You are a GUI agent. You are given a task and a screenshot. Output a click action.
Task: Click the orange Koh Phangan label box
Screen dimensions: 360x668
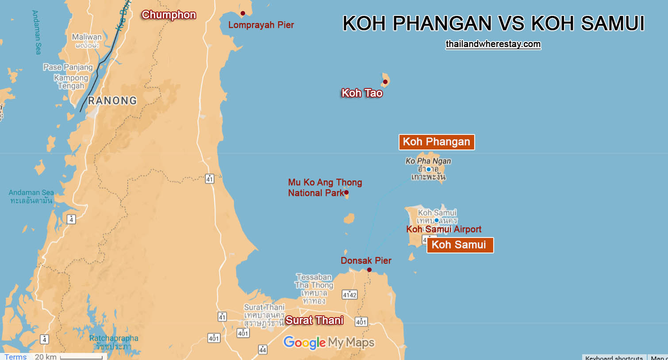click(436, 142)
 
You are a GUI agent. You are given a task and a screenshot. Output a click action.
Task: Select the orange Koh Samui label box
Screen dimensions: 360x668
click(460, 245)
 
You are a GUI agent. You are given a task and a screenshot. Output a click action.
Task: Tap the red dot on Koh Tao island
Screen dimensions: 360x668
click(385, 82)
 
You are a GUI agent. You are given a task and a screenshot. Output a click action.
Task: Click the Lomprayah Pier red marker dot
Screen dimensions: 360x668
click(242, 14)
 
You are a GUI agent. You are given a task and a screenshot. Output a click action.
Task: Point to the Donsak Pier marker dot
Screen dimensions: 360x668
click(369, 270)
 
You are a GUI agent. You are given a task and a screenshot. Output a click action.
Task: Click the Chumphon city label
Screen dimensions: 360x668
click(169, 15)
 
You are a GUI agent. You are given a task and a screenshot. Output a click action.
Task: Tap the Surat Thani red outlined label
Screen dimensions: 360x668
click(314, 320)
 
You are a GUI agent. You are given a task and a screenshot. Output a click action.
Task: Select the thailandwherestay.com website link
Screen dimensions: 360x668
click(493, 44)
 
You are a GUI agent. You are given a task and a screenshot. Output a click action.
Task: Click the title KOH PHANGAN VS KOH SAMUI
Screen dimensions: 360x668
click(493, 23)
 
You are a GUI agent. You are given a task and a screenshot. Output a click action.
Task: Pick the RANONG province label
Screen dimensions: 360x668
click(112, 101)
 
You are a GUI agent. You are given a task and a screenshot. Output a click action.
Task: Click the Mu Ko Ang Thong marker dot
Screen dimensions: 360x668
click(346, 192)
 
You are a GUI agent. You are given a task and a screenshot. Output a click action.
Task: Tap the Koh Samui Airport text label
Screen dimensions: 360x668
click(444, 229)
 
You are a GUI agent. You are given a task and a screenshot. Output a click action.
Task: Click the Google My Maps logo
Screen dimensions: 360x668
click(329, 342)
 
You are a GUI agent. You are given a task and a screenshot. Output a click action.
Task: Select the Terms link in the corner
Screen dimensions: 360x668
click(15, 356)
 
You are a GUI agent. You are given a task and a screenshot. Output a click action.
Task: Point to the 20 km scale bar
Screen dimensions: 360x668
click(81, 357)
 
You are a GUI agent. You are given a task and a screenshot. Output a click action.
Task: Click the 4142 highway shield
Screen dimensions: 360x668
click(349, 295)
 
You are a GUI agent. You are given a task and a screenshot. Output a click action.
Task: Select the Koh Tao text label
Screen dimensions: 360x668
click(362, 93)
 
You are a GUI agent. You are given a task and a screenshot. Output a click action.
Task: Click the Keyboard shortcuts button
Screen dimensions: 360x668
click(614, 357)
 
